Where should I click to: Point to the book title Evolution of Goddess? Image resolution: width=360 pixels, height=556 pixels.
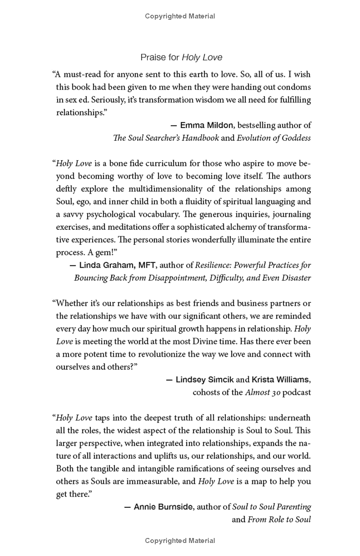click(x=274, y=138)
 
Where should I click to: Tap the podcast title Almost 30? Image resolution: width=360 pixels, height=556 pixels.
click(x=263, y=392)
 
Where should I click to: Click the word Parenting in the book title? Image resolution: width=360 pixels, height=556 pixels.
click(x=293, y=507)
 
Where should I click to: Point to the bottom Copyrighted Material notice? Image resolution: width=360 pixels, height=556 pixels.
click(x=180, y=541)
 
